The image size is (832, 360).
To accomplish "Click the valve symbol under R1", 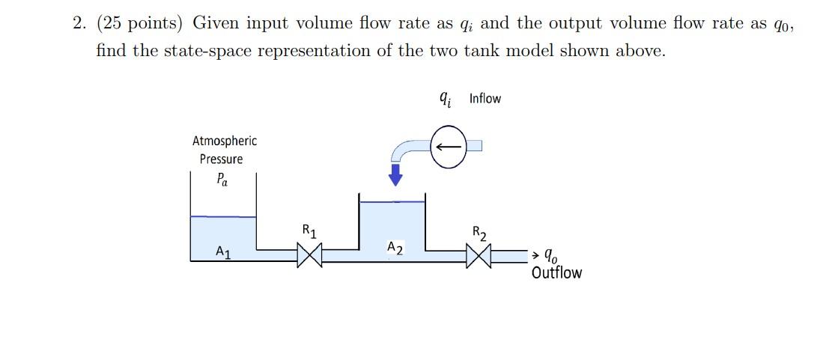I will pos(310,256).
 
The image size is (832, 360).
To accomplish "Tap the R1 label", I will pos(309,231).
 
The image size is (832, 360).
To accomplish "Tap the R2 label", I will pos(480,233).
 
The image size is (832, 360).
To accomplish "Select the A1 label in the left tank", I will pos(223,252).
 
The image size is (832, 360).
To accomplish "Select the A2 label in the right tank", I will pos(395,248).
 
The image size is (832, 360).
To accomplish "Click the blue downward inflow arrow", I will pos(396,175).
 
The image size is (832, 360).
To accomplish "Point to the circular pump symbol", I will pos(449,145).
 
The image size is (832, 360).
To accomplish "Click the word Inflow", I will pos(485,99).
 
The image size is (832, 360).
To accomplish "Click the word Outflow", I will pos(556,272).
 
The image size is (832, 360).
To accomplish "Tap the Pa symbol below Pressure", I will pos(222,180).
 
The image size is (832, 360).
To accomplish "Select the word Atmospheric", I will pos(224,141).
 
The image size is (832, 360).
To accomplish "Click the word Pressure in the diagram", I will pos(221,159).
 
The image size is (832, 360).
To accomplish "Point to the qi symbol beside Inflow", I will pos(445,98).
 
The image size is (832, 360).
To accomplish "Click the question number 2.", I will pos(79,23).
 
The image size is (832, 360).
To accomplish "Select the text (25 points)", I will pos(139,23).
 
